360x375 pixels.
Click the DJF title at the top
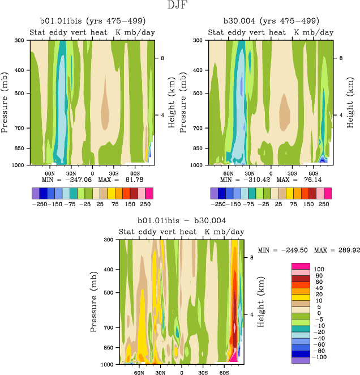[x=180, y=6]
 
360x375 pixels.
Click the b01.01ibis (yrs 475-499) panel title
[x=91, y=22]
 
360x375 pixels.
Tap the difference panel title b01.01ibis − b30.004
[x=181, y=220]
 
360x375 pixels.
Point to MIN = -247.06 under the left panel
[x=63, y=180]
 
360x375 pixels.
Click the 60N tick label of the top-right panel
[x=229, y=173]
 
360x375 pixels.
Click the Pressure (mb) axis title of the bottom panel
[x=94, y=301]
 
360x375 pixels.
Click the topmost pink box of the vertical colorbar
[x=300, y=266]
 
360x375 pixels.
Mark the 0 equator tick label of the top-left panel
[x=92, y=173]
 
